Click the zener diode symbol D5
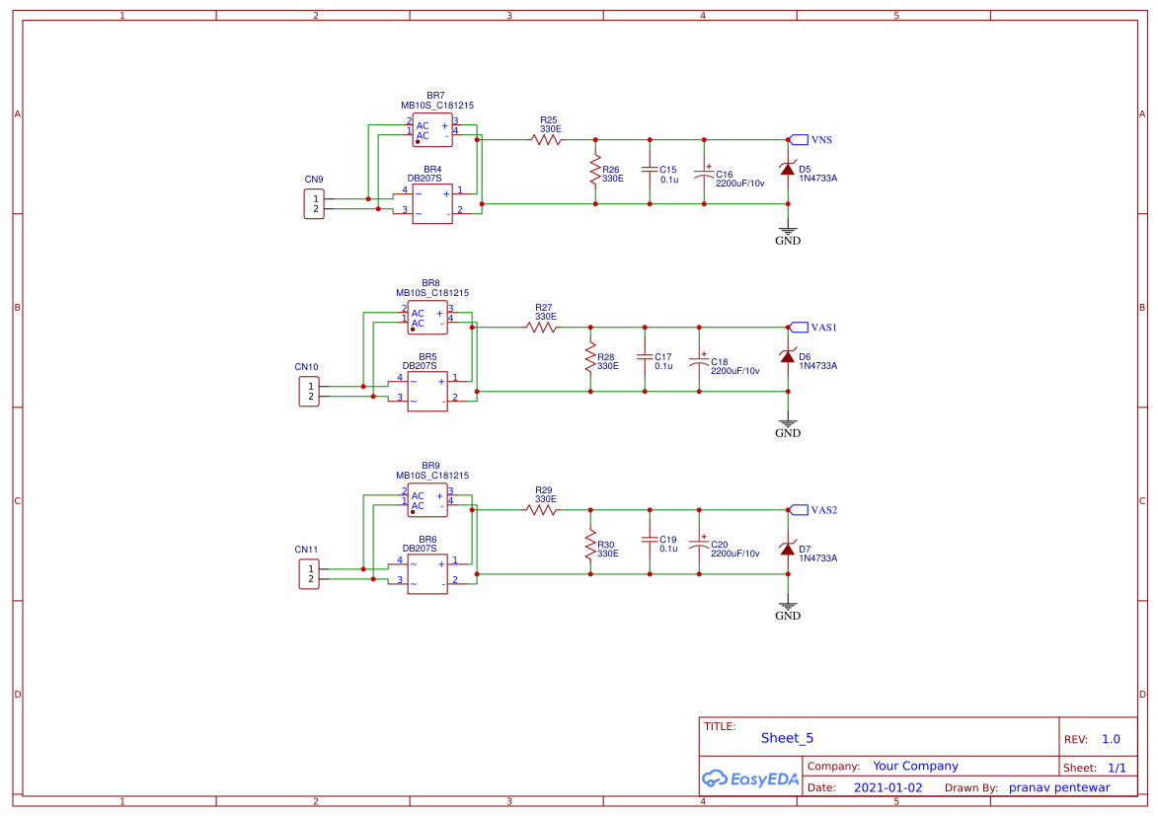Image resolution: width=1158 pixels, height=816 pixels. pyautogui.click(x=787, y=170)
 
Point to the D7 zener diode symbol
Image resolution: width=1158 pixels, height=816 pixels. pyautogui.click(x=787, y=549)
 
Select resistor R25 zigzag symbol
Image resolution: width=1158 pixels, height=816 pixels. pyautogui.click(x=547, y=140)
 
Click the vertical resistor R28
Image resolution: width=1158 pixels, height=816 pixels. pyautogui.click(x=590, y=357)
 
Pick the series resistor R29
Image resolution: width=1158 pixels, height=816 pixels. pyautogui.click(x=542, y=510)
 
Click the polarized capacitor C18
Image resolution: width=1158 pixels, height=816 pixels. pyautogui.click(x=699, y=360)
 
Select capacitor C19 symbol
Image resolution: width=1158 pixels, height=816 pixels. pyautogui.click(x=650, y=540)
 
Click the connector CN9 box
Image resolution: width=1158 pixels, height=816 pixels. pyautogui.click(x=314, y=204)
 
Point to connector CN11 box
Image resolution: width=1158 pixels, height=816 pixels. pyautogui.click(x=309, y=574)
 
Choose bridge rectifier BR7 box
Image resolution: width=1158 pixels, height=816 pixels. pyautogui.click(x=432, y=130)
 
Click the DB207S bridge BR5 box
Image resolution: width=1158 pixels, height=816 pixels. pyautogui.click(x=427, y=392)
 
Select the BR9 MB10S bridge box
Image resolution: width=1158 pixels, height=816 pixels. pyautogui.click(x=427, y=500)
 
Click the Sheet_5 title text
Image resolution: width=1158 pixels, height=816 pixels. pyautogui.click(x=787, y=738)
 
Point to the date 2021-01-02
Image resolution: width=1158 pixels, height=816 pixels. pyautogui.click(x=888, y=787)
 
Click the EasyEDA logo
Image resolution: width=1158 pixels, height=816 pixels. pyautogui.click(x=749, y=779)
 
